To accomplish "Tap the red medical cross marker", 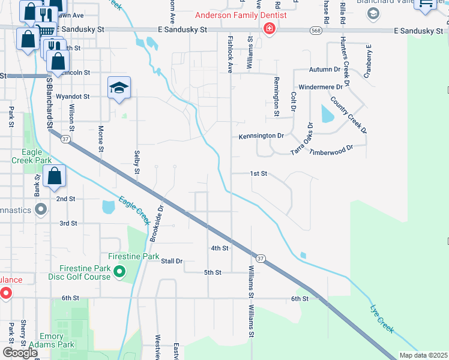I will pyautogui.click(x=270, y=28).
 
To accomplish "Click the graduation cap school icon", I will pyautogui.click(x=119, y=88).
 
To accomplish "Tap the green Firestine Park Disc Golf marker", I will pyautogui.click(x=119, y=273).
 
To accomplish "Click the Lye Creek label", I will pyautogui.click(x=382, y=320).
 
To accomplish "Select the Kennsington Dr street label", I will pyautogui.click(x=261, y=136).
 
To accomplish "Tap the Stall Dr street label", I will pyautogui.click(x=171, y=261).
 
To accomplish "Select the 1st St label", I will pyautogui.click(x=258, y=173).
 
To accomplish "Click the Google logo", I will pyautogui.click(x=20, y=353).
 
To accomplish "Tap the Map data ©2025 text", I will pyautogui.click(x=423, y=355).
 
